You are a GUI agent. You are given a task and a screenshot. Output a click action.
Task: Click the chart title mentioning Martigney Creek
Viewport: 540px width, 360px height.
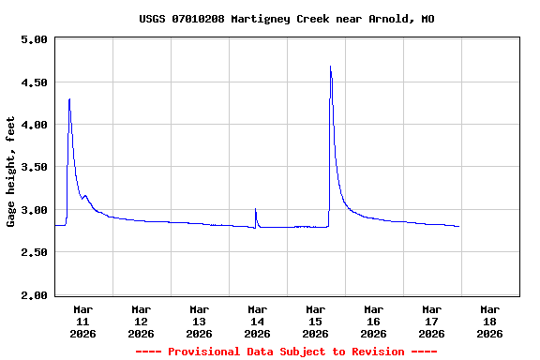(286, 19)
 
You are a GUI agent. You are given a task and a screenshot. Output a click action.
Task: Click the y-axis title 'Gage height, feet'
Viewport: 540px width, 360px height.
(11, 172)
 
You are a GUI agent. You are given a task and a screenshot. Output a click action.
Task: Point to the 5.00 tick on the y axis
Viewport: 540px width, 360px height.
(33, 39)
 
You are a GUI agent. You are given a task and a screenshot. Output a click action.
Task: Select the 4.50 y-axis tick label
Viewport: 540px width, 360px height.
(33, 82)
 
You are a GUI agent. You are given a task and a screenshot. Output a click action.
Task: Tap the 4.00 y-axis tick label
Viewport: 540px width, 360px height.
(33, 125)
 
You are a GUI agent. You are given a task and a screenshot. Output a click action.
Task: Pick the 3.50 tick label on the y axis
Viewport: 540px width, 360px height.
(33, 168)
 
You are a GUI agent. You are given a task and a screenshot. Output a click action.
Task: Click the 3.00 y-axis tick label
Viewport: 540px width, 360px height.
(33, 210)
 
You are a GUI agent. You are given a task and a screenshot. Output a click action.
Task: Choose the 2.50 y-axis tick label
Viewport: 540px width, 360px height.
(33, 253)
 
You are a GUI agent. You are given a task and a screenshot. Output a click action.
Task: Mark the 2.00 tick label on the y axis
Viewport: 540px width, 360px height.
(33, 295)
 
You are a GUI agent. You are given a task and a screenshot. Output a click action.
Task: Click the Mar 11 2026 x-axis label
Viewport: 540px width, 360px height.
(83, 321)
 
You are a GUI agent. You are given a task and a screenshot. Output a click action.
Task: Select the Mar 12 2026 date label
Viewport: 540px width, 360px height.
(142, 321)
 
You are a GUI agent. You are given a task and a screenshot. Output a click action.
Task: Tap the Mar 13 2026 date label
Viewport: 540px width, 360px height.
(200, 321)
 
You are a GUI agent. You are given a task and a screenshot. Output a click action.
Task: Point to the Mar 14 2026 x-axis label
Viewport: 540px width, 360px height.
(258, 321)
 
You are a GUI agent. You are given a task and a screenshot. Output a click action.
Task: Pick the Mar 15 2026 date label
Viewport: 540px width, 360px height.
(316, 321)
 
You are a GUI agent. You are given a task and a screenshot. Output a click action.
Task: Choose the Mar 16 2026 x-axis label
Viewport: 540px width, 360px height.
(374, 321)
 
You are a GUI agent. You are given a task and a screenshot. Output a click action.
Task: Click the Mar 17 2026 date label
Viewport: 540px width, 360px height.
(432, 321)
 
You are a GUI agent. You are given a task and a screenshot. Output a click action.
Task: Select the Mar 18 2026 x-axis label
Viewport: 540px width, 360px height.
(490, 321)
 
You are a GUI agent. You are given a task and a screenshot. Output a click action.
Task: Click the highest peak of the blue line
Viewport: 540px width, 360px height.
(331, 67)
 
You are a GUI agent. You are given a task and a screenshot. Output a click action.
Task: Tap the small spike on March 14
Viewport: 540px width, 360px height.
(255, 209)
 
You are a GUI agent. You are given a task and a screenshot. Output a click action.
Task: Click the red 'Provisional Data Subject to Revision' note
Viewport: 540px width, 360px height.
(286, 352)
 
